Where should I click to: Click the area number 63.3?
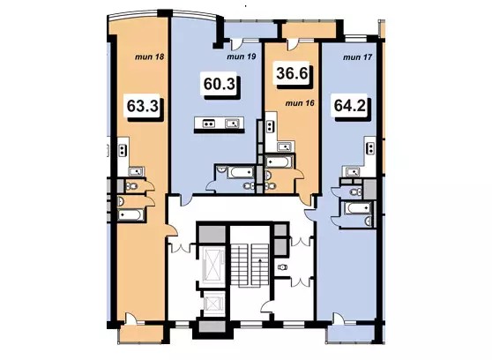[142, 106]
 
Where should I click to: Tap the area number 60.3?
[219, 84]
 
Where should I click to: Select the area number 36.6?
[292, 73]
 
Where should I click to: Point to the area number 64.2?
[350, 106]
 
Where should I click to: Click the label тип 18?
[150, 57]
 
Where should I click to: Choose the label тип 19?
[242, 56]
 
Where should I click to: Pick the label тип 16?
[300, 103]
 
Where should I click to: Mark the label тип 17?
[358, 57]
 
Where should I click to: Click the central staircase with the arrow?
[250, 266]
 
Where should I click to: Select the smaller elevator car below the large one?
[212, 304]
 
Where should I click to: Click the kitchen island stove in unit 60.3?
[209, 124]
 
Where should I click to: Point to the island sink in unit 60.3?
[232, 124]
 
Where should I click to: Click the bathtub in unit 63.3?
[131, 215]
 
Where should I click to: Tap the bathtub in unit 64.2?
[357, 208]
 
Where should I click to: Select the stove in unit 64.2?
[371, 148]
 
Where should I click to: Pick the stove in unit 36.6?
[270, 127]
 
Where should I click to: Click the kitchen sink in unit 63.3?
[136, 171]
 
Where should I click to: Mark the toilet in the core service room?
[282, 267]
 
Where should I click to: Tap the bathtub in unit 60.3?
[241, 172]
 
